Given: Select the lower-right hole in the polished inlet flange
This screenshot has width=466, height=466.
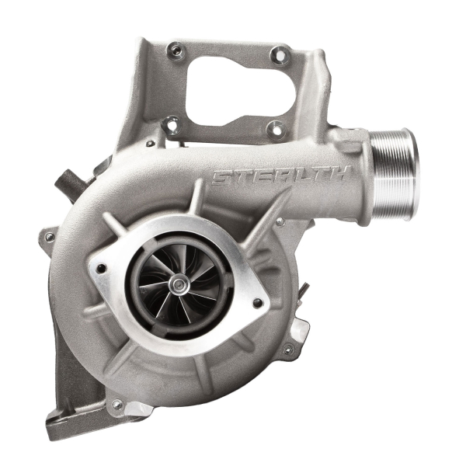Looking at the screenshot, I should [x=257, y=302].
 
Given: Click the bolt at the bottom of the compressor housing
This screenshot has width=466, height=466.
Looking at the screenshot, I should [x=118, y=404].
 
